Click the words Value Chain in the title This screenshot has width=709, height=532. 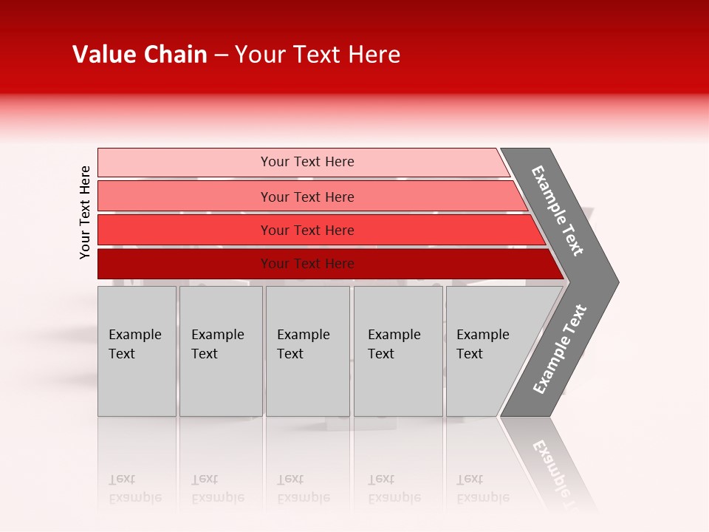tap(140, 55)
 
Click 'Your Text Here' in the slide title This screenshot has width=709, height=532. tap(318, 55)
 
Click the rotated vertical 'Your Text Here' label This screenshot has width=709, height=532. tap(85, 212)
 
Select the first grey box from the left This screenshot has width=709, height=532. tap(137, 351)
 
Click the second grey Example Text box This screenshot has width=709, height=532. tap(220, 351)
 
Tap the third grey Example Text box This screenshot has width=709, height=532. tap(307, 351)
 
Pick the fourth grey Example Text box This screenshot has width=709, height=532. tap(398, 351)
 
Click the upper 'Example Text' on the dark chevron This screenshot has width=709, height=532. tap(558, 211)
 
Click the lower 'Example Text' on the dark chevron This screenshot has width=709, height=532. tap(560, 349)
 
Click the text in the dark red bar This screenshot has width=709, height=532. tap(307, 264)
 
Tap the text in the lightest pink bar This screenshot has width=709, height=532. tap(307, 162)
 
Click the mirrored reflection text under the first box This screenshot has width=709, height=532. tap(134, 488)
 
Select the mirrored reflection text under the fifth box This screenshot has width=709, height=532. tap(482, 488)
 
